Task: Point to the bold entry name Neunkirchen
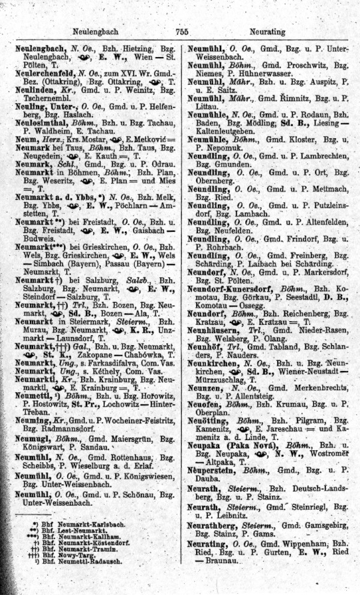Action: (215, 363)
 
